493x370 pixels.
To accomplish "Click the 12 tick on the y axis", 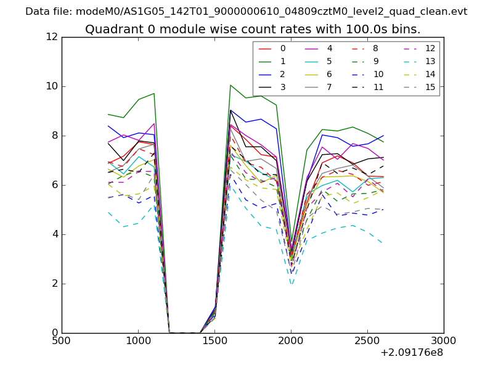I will [52, 37].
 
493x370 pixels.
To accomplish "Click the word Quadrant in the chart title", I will [110, 29].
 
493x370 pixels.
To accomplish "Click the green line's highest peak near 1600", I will [230, 85].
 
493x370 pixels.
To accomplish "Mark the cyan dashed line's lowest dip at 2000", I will [291, 284].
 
